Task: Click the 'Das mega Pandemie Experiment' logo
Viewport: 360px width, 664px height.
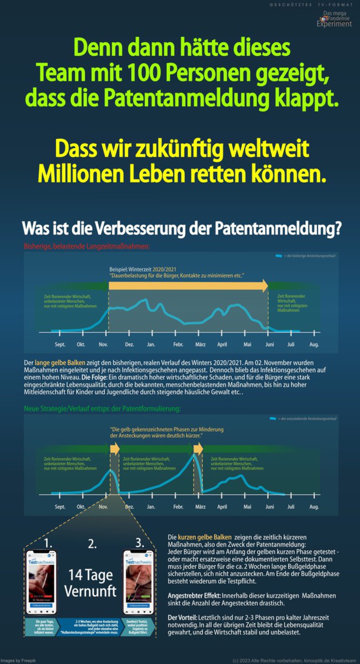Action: coord(334,19)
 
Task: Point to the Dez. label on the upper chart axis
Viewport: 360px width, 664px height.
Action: coord(129,345)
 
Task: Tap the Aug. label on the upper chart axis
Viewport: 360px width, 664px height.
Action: coord(314,345)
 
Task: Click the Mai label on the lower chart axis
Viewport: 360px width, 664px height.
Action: coord(247,507)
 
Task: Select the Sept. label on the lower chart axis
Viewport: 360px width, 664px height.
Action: coord(60,507)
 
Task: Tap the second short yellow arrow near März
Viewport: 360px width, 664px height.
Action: coord(198,448)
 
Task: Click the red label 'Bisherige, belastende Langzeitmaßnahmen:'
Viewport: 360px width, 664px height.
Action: coord(86,247)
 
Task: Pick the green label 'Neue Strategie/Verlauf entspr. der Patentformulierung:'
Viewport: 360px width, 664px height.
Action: coord(102,409)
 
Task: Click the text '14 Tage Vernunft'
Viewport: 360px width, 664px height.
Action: coord(90,583)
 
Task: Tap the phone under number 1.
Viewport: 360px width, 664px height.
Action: coord(41,582)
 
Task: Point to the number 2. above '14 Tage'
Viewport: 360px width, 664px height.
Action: coord(92,544)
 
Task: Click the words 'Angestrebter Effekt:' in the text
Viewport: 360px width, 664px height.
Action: coord(194,596)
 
